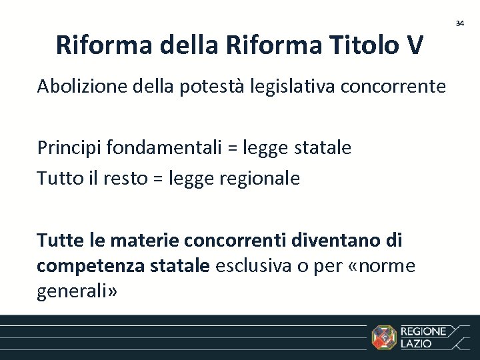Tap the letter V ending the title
(413, 45)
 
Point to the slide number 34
(459, 23)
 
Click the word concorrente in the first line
(395, 87)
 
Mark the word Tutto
(59, 178)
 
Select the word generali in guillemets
(75, 291)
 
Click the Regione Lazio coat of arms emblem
(384, 337)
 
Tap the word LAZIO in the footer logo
(416, 344)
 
